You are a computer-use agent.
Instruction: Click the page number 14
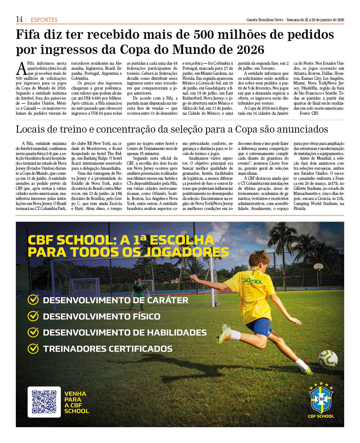click(19, 19)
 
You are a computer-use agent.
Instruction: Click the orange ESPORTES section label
click(44, 20)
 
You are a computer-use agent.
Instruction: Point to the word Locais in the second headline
click(31, 129)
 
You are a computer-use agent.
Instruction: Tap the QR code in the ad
click(44, 402)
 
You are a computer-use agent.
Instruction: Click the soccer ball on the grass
click(328, 358)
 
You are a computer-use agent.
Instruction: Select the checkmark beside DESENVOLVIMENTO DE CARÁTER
click(33, 300)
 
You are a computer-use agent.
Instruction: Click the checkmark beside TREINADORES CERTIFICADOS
click(33, 348)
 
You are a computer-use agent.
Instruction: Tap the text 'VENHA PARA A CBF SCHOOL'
click(77, 402)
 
